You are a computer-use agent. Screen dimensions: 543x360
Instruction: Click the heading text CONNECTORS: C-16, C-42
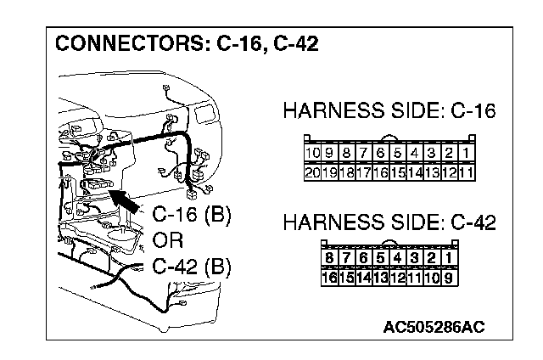pos(187,43)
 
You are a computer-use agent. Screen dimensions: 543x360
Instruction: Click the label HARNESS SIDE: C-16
pos(389,111)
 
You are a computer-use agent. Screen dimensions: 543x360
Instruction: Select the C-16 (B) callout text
pos(192,214)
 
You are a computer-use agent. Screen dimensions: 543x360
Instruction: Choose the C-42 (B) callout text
pos(192,267)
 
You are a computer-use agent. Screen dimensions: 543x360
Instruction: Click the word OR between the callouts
pos(168,240)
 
